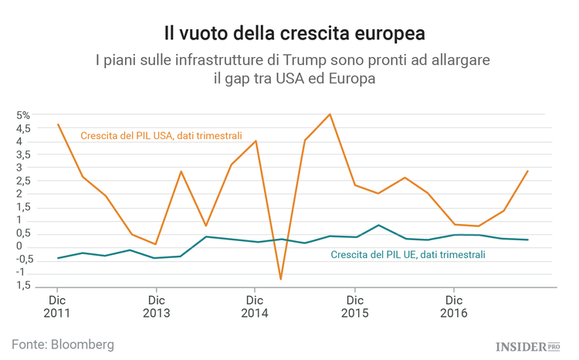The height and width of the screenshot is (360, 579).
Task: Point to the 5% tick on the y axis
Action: pos(23,115)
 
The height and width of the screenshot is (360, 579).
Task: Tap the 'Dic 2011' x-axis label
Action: pos(57,307)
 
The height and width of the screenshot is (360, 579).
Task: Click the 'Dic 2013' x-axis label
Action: pos(157,307)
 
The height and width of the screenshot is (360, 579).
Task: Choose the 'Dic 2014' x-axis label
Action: pos(256,307)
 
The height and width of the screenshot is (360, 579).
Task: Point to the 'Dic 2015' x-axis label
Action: pos(355,307)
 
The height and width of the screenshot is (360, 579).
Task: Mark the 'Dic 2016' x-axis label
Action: pos(454,307)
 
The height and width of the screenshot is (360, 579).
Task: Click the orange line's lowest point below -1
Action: pos(280,279)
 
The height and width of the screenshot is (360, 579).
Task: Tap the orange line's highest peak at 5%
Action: pos(330,114)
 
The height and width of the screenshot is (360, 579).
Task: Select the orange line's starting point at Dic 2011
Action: pos(58,124)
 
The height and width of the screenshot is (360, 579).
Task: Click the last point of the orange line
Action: pos(528,171)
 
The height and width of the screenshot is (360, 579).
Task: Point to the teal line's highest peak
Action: pos(379,225)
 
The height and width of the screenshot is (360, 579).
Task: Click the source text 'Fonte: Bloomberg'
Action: pos(63,342)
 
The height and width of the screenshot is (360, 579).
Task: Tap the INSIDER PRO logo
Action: pos(528,345)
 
